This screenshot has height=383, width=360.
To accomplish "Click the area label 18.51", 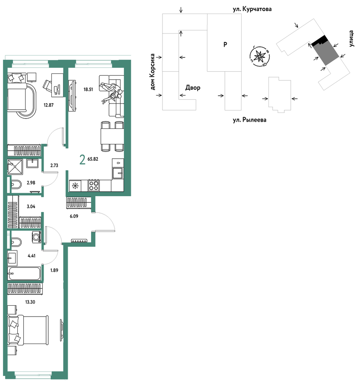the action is click(88, 89).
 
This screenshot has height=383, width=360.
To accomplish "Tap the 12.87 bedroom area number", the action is click(49, 105).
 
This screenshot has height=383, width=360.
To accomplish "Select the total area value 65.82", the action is click(93, 159).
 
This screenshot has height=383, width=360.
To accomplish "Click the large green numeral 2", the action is click(83, 160).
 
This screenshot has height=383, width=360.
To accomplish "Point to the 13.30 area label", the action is click(30, 302).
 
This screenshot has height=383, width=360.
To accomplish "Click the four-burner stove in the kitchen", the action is click(94, 185).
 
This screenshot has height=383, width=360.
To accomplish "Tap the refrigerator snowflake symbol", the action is click(75, 186).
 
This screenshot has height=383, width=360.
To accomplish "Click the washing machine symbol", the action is click(37, 237).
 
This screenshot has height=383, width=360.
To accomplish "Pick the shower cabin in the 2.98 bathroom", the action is click(15, 167).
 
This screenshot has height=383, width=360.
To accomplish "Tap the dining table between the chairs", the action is click(112, 136).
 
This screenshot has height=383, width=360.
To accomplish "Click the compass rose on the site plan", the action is click(259, 56).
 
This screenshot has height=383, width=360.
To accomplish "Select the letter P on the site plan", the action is click(225, 44).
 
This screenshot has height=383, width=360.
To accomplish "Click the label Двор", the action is click(193, 87).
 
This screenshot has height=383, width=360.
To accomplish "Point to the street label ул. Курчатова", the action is click(252, 9).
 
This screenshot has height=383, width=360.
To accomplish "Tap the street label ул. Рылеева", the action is click(249, 120).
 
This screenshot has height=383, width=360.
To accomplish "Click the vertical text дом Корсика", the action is click(153, 72).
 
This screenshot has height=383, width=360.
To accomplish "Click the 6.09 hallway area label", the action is click(74, 216).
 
